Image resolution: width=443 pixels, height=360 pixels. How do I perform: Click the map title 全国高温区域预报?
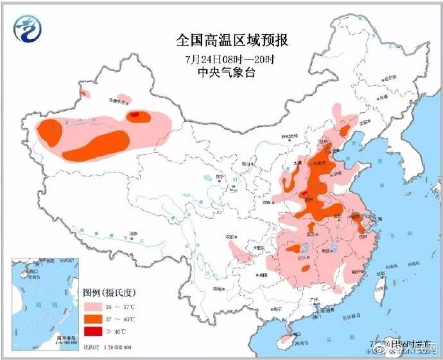coord(232,40)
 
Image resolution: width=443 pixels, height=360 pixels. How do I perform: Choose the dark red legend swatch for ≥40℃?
coord(95,331)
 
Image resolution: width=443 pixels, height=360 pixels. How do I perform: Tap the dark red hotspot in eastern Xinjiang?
coord(136,116)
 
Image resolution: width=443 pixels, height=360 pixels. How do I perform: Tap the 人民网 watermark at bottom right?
coord(420,349)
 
